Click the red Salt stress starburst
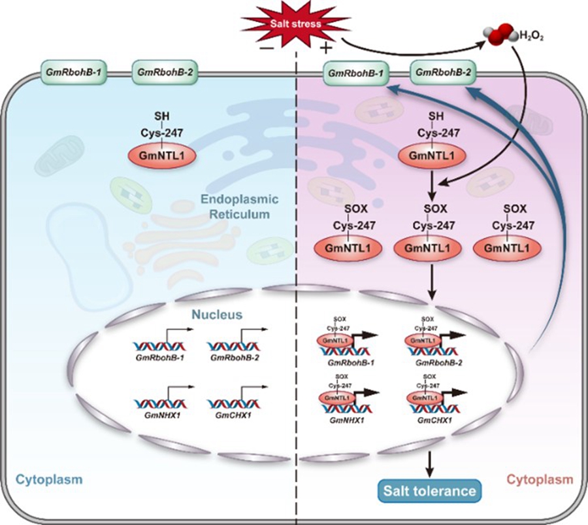[296, 24]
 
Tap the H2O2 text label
[532, 37]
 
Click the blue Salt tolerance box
[429, 491]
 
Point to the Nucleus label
[217, 314]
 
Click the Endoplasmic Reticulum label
[239, 207]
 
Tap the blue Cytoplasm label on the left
[49, 479]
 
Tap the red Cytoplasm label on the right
[540, 479]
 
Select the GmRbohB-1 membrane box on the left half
[73, 72]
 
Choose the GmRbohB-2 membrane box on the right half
[443, 72]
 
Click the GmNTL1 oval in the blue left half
[163, 156]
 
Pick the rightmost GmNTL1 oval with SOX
[507, 248]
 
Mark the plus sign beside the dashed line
[326, 48]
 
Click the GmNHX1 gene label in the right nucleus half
[347, 420]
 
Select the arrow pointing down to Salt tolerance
[430, 464]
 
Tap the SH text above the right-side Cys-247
[436, 116]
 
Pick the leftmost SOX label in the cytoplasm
[356, 209]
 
